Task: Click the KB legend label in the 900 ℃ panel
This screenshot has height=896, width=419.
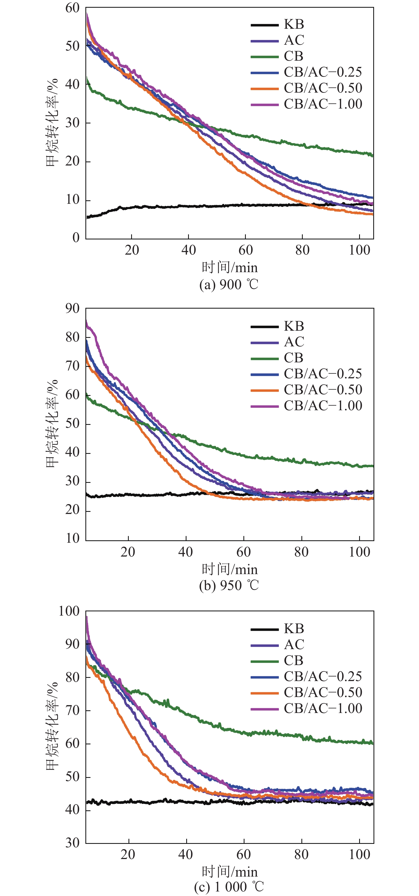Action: (x=294, y=24)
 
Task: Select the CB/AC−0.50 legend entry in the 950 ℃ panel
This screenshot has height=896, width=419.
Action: (x=323, y=389)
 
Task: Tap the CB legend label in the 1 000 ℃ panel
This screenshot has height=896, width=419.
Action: (x=293, y=660)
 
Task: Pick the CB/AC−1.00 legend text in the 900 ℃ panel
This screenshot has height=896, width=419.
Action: (x=323, y=104)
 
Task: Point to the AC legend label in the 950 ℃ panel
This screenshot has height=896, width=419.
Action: (x=294, y=342)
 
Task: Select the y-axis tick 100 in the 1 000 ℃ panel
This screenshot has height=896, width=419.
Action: (x=69, y=611)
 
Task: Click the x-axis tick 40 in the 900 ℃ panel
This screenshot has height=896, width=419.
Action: (x=188, y=250)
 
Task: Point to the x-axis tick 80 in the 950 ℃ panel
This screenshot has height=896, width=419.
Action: (x=301, y=552)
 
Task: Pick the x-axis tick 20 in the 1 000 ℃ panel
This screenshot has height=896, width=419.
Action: (x=128, y=854)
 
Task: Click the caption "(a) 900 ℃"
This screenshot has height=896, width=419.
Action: (x=229, y=284)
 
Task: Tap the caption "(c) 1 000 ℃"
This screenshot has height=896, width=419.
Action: (x=229, y=887)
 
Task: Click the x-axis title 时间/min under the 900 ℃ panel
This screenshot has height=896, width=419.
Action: (x=230, y=267)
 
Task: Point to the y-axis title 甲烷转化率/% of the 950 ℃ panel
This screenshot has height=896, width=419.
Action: (x=52, y=424)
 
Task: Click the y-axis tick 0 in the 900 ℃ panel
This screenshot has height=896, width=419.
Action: (x=76, y=238)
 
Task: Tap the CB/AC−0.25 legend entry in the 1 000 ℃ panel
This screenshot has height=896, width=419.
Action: (x=323, y=676)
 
